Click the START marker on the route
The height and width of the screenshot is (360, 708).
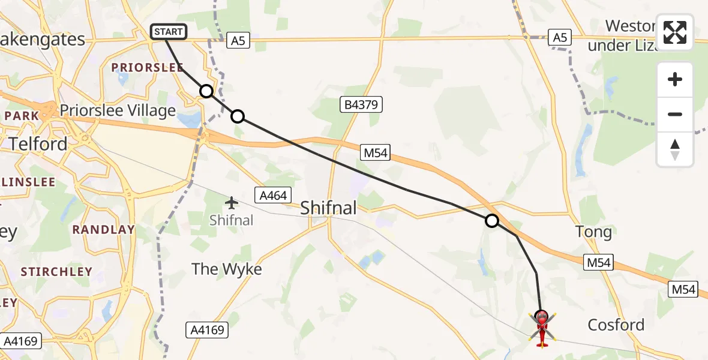click(169, 32)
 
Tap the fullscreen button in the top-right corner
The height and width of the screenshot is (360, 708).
click(675, 32)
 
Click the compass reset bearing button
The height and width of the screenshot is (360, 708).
click(675, 149)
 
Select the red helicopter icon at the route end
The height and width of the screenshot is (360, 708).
click(541, 328)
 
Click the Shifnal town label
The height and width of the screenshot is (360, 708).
click(328, 208)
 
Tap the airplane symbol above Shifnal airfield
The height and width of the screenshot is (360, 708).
click(232, 202)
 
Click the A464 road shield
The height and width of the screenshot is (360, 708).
click(273, 195)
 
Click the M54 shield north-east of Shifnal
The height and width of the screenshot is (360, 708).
click(376, 153)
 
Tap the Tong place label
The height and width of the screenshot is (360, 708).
click(593, 232)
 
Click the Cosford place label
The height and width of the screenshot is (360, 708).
click(616, 325)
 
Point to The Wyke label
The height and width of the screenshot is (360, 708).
click(227, 269)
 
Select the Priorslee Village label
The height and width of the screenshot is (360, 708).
click(118, 110)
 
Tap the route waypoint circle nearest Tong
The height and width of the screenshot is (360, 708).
click(491, 221)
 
